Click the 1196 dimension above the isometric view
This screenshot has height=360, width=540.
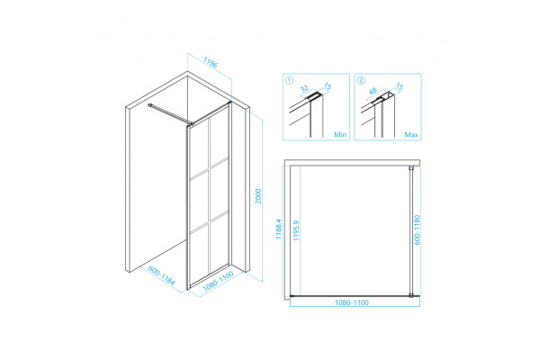coord(210,62)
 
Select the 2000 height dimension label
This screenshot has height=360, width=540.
coord(258,196)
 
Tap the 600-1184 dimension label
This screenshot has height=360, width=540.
coord(161,275)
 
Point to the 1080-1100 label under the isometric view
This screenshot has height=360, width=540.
coord(219,281)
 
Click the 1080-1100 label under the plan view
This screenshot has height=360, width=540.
coord(352,302)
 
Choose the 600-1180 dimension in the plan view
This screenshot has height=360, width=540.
coord(417,229)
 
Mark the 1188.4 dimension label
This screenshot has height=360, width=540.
coord(279,229)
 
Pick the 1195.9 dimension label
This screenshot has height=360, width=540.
coord(296,230)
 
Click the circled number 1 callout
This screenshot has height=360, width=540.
coord(289,80)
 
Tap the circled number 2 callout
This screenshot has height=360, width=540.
coord(361,80)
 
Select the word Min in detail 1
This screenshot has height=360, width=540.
coord(340,135)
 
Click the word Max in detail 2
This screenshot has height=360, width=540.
coord(411,135)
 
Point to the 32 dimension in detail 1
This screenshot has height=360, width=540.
coord(304,89)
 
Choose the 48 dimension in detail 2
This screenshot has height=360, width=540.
coord(373,91)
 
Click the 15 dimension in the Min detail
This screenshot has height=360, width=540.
coord(328,86)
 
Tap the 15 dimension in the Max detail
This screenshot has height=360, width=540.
coord(399,86)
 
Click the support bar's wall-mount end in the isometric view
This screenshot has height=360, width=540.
coord(149,105)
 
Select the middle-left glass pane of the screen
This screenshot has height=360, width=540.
coord(199,202)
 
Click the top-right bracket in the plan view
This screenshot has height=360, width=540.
coord(411,168)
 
